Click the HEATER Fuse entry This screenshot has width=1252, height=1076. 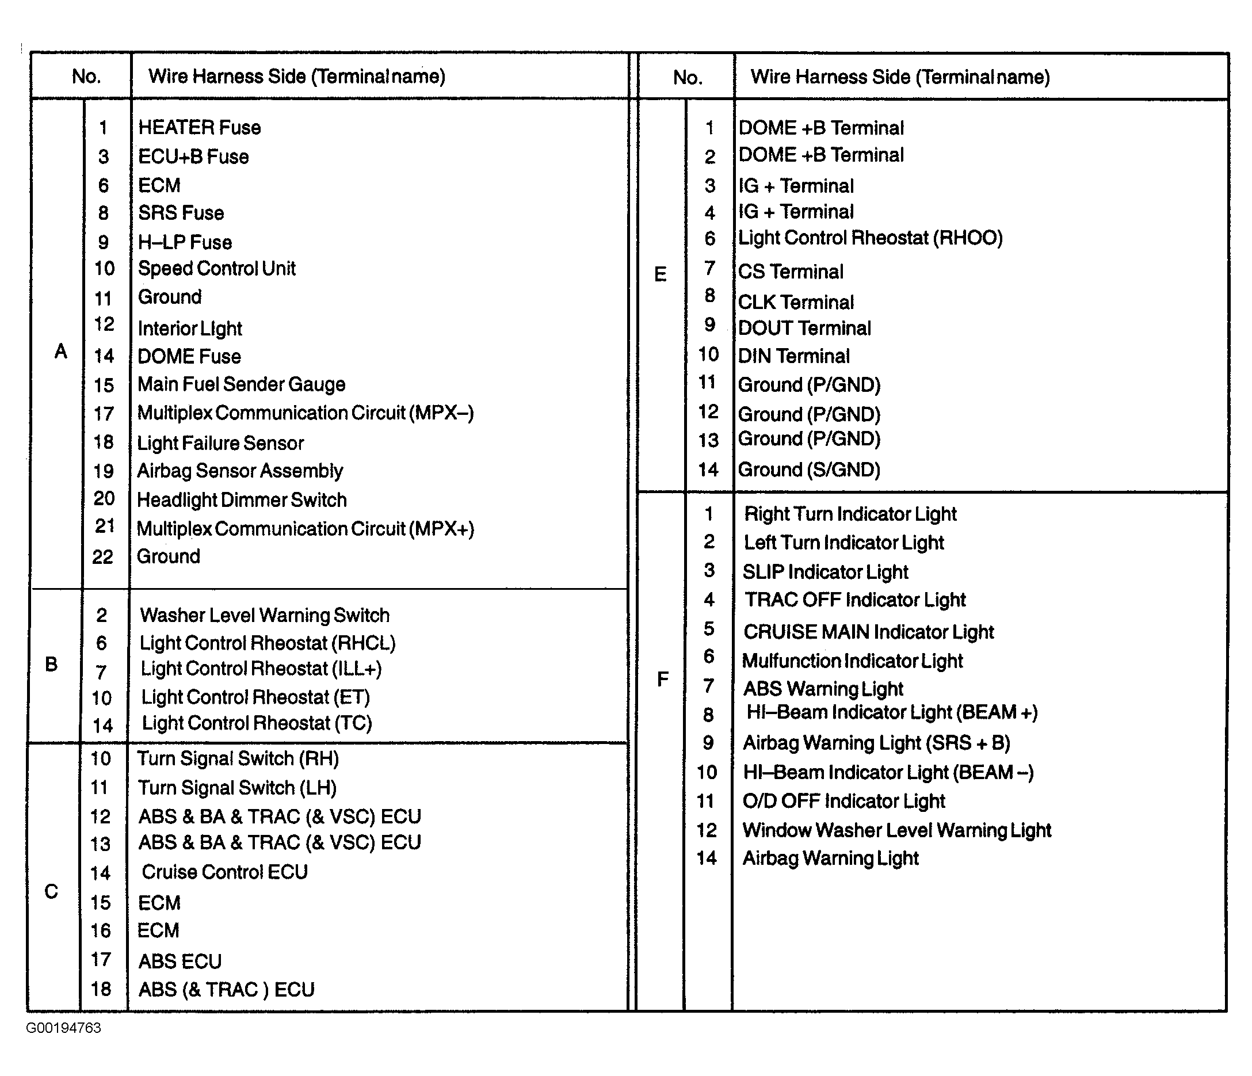click(200, 128)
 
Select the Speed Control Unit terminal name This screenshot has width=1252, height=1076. click(216, 268)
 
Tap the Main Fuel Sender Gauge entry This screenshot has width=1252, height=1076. click(241, 384)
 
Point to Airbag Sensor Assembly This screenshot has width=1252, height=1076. click(240, 471)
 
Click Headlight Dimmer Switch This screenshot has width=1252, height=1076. click(242, 499)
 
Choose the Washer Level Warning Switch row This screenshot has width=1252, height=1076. click(265, 615)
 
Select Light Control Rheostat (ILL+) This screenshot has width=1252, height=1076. click(261, 669)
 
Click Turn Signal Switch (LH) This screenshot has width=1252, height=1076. click(237, 787)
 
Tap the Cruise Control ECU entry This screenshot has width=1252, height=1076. click(224, 872)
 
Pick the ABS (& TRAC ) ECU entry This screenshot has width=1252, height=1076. click(226, 989)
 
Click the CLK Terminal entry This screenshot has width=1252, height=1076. click(796, 302)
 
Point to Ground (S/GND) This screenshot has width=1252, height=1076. click(809, 470)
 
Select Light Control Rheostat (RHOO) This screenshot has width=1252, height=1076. click(870, 238)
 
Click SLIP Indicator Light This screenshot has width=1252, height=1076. click(826, 571)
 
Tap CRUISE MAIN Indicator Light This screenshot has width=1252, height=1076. click(868, 631)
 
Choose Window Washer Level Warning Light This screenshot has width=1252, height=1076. click(896, 830)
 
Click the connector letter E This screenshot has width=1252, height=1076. click(661, 275)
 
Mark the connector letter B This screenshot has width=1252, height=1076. click(51, 665)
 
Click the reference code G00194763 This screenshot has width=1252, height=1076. click(63, 1028)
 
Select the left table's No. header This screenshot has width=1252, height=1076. click(86, 76)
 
